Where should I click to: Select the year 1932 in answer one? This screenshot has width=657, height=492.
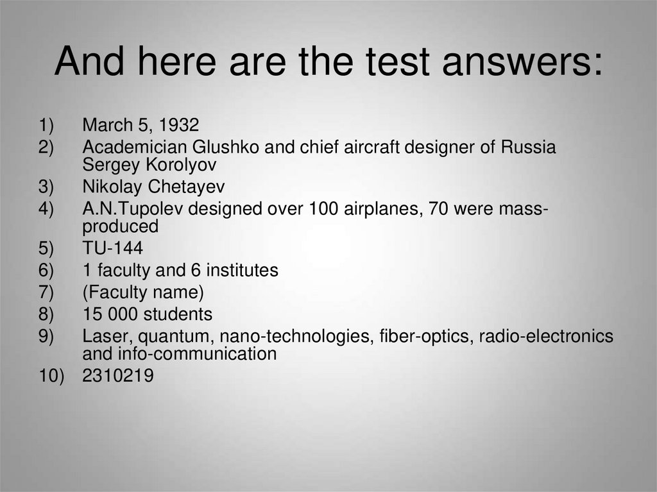[178, 124]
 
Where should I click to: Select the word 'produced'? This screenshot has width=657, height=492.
[120, 226]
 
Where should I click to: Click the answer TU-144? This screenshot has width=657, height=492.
[112, 249]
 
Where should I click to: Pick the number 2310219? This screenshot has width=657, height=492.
[118, 376]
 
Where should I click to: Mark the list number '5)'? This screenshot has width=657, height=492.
[46, 249]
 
